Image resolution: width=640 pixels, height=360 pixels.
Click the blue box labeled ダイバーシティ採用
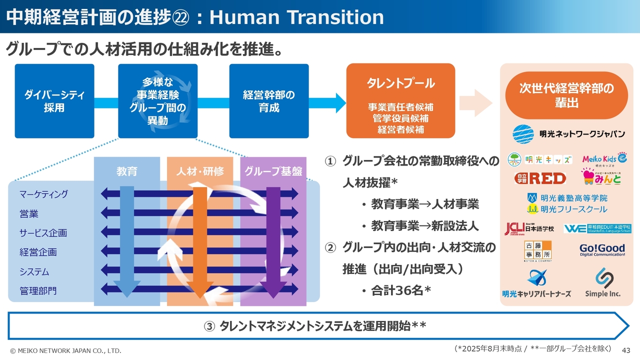[54, 101]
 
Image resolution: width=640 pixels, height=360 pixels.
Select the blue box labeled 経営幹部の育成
[268, 101]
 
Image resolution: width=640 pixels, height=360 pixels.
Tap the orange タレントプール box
[400, 101]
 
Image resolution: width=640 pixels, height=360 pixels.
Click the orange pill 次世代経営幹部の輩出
[566, 95]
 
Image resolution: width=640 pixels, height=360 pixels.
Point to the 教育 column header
[127, 171]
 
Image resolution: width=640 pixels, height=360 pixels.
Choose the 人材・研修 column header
[199, 171]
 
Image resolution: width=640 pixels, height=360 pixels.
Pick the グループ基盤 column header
[273, 171]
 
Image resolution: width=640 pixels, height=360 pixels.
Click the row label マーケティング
[43, 194]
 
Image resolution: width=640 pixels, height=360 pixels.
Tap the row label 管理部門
[38, 290]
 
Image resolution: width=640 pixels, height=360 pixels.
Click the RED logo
[540, 178]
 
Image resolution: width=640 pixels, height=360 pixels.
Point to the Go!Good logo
[602, 249]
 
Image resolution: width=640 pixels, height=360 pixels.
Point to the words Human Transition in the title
[296, 17]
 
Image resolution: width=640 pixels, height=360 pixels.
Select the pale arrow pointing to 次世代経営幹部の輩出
[475, 103]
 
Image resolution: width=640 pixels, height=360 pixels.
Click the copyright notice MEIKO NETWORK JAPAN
[65, 350]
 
